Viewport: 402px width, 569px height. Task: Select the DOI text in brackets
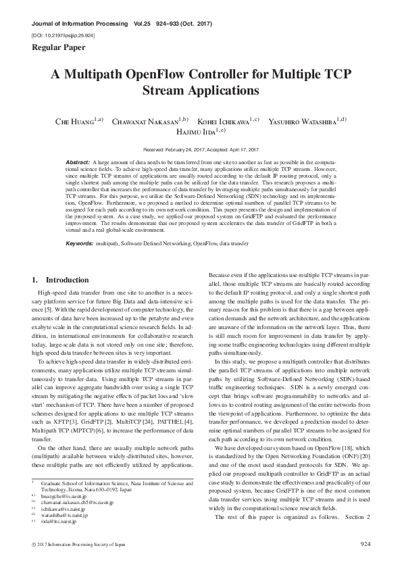click(64, 33)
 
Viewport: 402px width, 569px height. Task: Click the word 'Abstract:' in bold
click(78, 163)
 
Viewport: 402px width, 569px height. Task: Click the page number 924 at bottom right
click(366, 543)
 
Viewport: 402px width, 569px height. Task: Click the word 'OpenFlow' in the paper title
click(181, 75)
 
